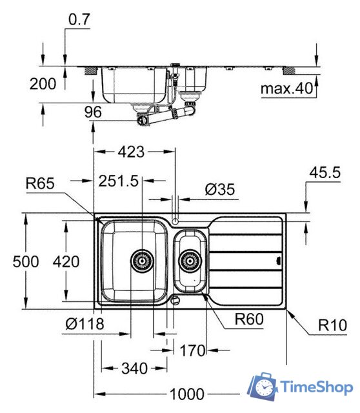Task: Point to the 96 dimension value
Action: point(94,112)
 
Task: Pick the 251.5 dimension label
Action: point(119,182)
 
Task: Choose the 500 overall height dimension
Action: point(26,261)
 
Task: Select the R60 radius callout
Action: point(250,318)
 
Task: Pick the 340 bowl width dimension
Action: point(135,368)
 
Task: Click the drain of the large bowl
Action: point(142,261)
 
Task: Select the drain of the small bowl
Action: point(189,261)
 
